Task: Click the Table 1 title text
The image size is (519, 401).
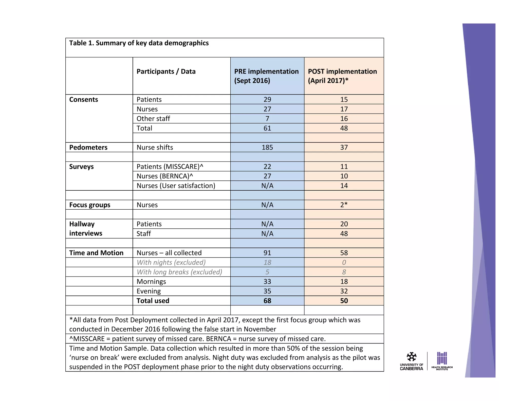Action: click(139, 43)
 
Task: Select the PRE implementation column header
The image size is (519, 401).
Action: click(266, 76)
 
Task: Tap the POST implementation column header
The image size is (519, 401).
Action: click(342, 76)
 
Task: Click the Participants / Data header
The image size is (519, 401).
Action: click(166, 71)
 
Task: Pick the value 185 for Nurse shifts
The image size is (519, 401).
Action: click(267, 147)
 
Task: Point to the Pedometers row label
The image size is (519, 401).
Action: click(88, 147)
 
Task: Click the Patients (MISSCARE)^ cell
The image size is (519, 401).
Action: click(170, 167)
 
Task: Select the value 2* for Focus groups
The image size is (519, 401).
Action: click(344, 205)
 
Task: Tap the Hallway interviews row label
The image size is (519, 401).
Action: click(86, 228)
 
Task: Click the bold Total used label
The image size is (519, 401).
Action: click(153, 301)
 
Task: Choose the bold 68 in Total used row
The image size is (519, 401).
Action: click(267, 301)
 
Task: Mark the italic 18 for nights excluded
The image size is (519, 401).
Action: click(267, 262)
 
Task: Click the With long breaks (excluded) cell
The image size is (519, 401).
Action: click(179, 272)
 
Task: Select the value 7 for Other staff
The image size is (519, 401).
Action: click(267, 119)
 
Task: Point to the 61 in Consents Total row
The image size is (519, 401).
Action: click(267, 128)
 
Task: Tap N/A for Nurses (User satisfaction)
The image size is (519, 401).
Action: click(267, 186)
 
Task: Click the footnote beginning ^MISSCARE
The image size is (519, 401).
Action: click(197, 339)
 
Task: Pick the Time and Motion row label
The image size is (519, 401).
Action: click(96, 253)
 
